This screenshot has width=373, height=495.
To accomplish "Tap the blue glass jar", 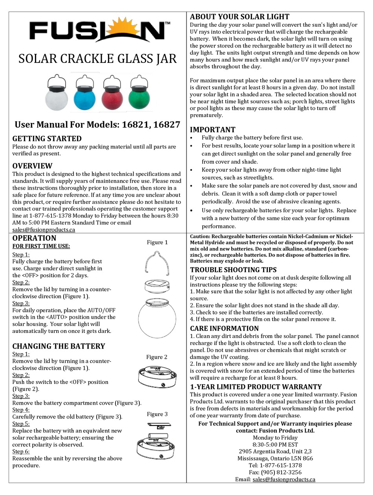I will (x=84, y=98).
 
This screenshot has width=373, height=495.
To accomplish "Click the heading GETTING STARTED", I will (x=47, y=139).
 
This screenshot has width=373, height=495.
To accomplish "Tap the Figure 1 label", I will (x=157, y=242).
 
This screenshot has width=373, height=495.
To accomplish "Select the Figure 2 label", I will (x=157, y=357).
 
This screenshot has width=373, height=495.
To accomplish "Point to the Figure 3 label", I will (x=157, y=414).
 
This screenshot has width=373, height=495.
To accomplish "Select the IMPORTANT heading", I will (x=212, y=130).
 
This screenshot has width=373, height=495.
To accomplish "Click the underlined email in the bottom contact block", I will (x=283, y=479).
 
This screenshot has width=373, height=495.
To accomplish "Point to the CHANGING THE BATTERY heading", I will (x=59, y=346).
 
